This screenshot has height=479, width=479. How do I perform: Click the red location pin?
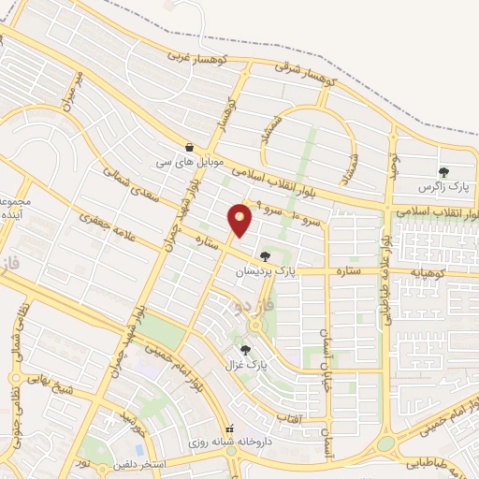[240, 219]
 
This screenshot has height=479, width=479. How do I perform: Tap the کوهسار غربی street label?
[191, 56]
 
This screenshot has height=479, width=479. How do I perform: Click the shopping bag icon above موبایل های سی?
[191, 147]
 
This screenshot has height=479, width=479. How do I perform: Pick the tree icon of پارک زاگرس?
[443, 172]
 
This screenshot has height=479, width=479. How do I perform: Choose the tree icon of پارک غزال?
[245, 350]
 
